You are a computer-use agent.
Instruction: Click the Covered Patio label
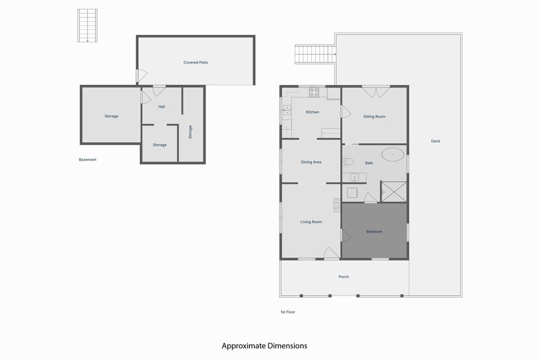pos(196,63)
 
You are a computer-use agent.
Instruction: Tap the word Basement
pos(88,160)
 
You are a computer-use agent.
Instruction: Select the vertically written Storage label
pos(190,132)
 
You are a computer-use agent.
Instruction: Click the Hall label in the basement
pos(161,107)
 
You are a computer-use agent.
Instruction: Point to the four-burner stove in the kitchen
pos(314,92)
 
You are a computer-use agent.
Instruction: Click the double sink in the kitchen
pos(287,110)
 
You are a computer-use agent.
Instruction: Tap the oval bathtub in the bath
pos(393,154)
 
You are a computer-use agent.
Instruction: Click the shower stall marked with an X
pos(394,191)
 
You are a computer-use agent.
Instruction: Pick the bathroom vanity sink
pos(354,177)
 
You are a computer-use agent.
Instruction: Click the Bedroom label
pos(374,232)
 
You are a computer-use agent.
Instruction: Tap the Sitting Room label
pos(374,116)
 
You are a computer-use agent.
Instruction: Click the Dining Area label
pos(311,162)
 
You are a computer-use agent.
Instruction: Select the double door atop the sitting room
pos(376,91)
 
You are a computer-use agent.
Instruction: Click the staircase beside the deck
pos(315,54)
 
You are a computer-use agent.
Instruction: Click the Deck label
pos(436,141)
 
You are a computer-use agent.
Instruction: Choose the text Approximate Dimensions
pos(264,346)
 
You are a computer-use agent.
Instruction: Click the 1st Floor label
pos(288,312)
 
